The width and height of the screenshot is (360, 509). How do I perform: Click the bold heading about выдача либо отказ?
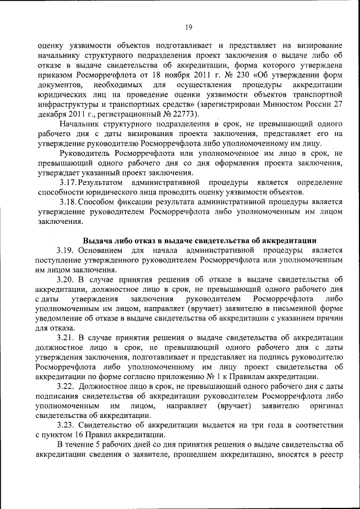(200, 240)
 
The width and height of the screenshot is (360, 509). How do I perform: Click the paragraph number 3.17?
(68, 183)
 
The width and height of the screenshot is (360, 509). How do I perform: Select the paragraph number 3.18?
(68, 202)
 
